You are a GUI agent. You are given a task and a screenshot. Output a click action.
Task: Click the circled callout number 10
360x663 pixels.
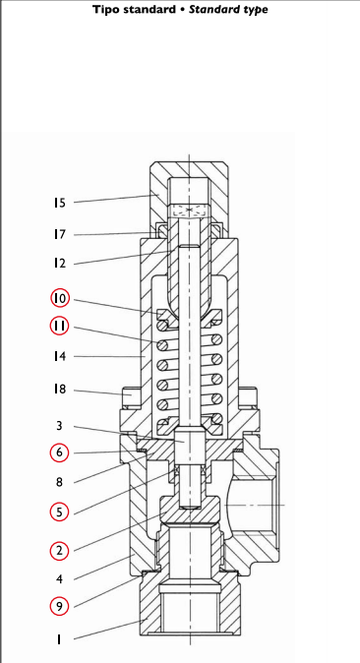click(x=60, y=298)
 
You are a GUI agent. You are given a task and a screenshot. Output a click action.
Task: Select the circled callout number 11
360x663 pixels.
click(x=60, y=326)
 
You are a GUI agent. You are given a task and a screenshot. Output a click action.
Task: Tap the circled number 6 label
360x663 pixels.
click(x=59, y=452)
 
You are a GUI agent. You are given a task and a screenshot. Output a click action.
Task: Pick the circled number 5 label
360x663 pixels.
click(x=59, y=512)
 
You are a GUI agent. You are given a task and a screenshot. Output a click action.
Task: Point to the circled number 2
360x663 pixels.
click(x=59, y=551)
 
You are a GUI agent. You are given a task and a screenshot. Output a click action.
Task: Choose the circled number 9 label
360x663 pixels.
click(x=59, y=607)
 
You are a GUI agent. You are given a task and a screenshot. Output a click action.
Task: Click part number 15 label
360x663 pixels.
click(x=60, y=203)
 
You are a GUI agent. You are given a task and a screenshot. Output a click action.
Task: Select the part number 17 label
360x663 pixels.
click(x=60, y=234)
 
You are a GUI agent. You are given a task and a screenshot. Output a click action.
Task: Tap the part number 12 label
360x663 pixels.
click(x=60, y=264)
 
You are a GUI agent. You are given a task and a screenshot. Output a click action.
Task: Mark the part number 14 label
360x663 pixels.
click(x=60, y=356)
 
